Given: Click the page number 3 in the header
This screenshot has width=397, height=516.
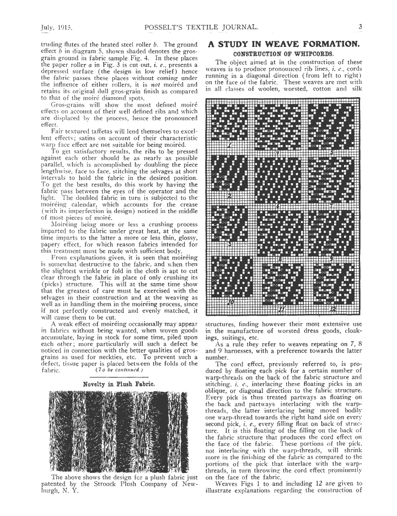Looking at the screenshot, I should click(359, 26).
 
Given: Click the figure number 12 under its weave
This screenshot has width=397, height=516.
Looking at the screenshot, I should click(332, 307).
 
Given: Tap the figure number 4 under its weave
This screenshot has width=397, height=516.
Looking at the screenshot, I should click(280, 151).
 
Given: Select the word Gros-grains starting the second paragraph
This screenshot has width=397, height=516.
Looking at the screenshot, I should click(68, 104).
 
